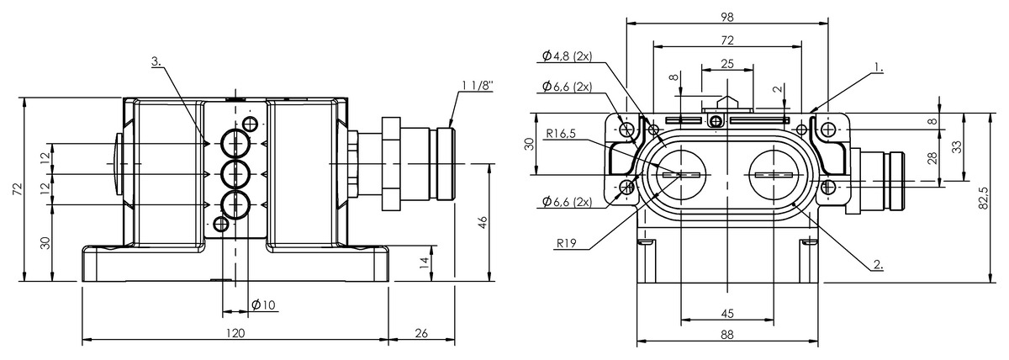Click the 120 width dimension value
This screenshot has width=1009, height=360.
pos(235,333)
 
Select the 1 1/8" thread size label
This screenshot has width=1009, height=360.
pos(478,86)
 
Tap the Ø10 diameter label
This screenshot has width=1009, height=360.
pos(263,305)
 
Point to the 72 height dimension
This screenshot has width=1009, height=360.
pos(17,188)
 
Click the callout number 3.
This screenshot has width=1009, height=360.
pos(156,61)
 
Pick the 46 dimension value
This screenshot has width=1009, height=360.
pos(482,223)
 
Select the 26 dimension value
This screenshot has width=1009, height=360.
pos(421,333)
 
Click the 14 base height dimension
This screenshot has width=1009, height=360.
pos(424,263)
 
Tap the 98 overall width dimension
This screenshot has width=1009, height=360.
pos(727,17)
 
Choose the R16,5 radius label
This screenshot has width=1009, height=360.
pos(561,134)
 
